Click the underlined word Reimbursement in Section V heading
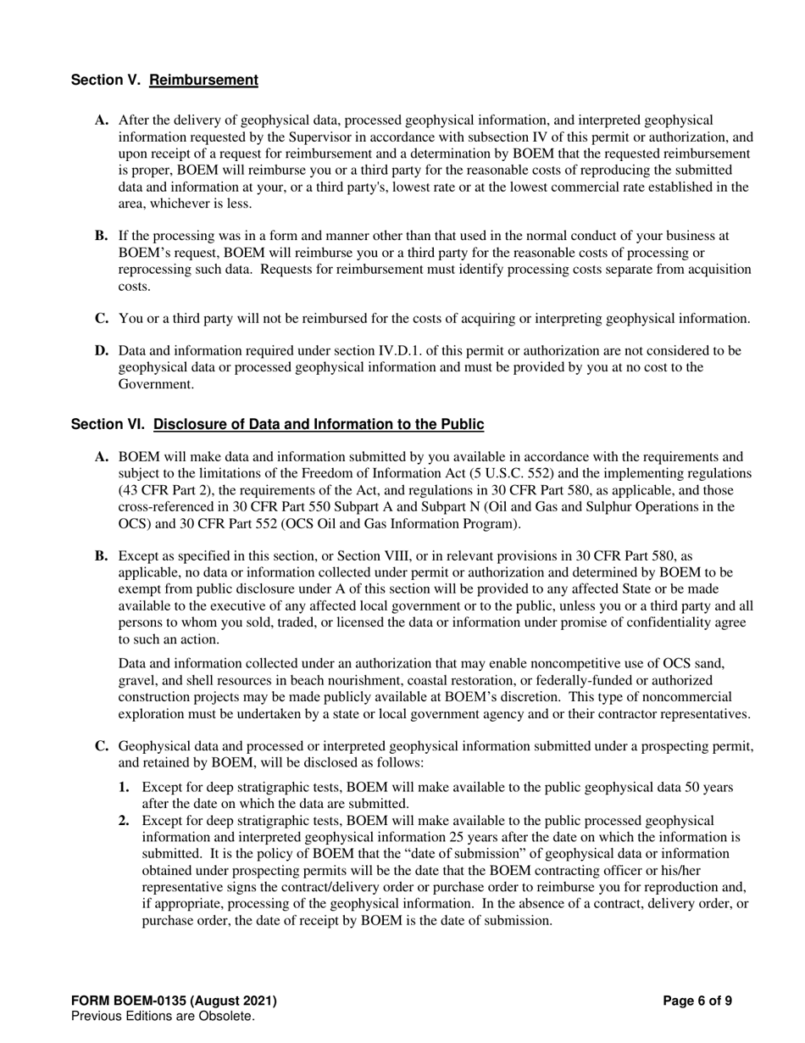pos(203,80)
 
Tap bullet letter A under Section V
pos(102,120)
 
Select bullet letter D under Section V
pos(102,350)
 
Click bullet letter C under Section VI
pos(102,746)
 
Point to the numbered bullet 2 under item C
pos(124,820)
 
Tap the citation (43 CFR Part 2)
pos(163,490)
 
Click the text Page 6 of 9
pos(697,1001)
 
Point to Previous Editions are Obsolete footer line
pos(163,1016)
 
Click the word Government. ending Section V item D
pos(153,383)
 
